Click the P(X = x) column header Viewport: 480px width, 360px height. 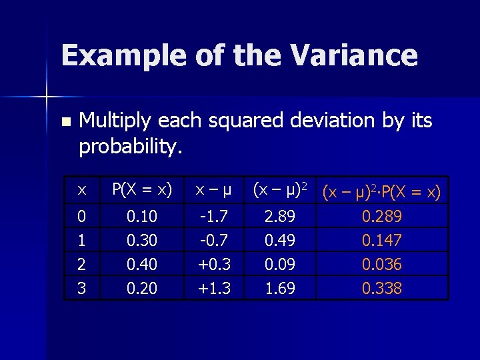pyautogui.click(x=142, y=190)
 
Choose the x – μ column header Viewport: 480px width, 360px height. pyautogui.click(x=213, y=191)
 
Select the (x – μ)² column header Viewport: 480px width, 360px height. pyautogui.click(x=279, y=190)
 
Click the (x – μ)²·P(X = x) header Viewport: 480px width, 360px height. pyautogui.click(x=381, y=192)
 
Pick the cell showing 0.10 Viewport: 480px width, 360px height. pyautogui.click(x=142, y=217)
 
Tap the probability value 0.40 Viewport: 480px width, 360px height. pyautogui.click(x=142, y=265)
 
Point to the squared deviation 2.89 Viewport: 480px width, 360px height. pyautogui.click(x=279, y=217)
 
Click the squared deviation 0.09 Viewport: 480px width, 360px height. pyautogui.click(x=279, y=265)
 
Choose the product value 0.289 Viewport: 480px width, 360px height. pyautogui.click(x=381, y=217)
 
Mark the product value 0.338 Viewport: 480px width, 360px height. pyautogui.click(x=381, y=288)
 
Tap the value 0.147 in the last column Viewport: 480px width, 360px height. pyautogui.click(x=381, y=241)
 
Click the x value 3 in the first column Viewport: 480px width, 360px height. pyautogui.click(x=81, y=288)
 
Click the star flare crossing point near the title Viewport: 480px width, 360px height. pyautogui.click(x=47, y=98)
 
